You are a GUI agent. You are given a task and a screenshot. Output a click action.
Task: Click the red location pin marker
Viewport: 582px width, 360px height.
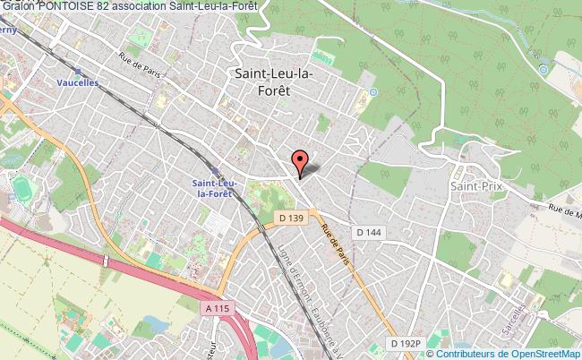click(300, 161)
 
